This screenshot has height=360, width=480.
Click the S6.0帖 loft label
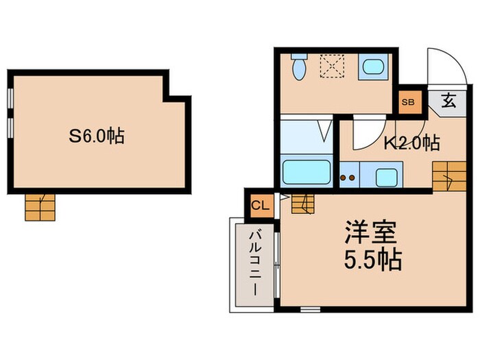(96, 136)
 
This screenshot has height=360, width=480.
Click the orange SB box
(408, 102)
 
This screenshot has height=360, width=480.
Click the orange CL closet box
(260, 204)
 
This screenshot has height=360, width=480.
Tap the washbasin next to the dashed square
(373, 67)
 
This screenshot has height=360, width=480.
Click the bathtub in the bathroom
(307, 171)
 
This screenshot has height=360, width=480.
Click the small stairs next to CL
(300, 204)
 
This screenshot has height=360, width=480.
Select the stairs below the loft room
(40, 206)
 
